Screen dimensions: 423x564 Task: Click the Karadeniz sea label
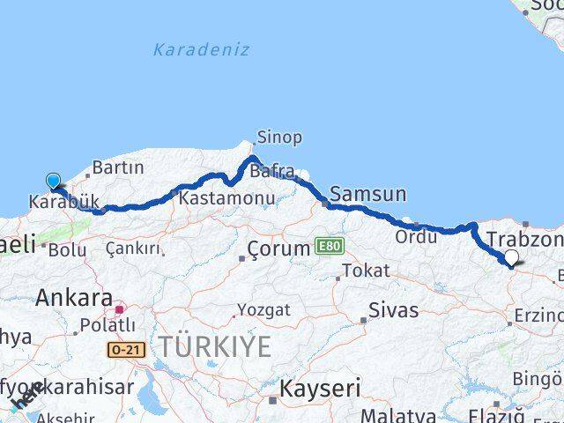pyautogui.click(x=201, y=49)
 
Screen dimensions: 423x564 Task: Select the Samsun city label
pyautogui.click(x=367, y=194)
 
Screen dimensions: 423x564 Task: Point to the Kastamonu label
pyautogui.click(x=226, y=199)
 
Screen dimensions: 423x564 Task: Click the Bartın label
pyautogui.click(x=117, y=167)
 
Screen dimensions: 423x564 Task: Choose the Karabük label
pyautogui.click(x=64, y=202)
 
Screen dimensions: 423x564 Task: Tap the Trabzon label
pyautogui.click(x=524, y=240)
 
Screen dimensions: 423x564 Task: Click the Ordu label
pyautogui.click(x=416, y=236)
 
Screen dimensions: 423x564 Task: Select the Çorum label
pyautogui.click(x=278, y=249)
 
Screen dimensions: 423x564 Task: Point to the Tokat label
pyautogui.click(x=365, y=271)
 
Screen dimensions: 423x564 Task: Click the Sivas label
pyautogui.click(x=393, y=309)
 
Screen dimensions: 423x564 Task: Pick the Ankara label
pyautogui.click(x=74, y=297)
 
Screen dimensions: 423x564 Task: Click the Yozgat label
pyautogui.click(x=263, y=310)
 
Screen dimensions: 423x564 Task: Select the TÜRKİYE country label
pyautogui.click(x=215, y=346)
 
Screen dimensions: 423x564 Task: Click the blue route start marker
pyautogui.click(x=53, y=182)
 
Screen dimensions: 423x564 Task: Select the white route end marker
pyautogui.click(x=512, y=257)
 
